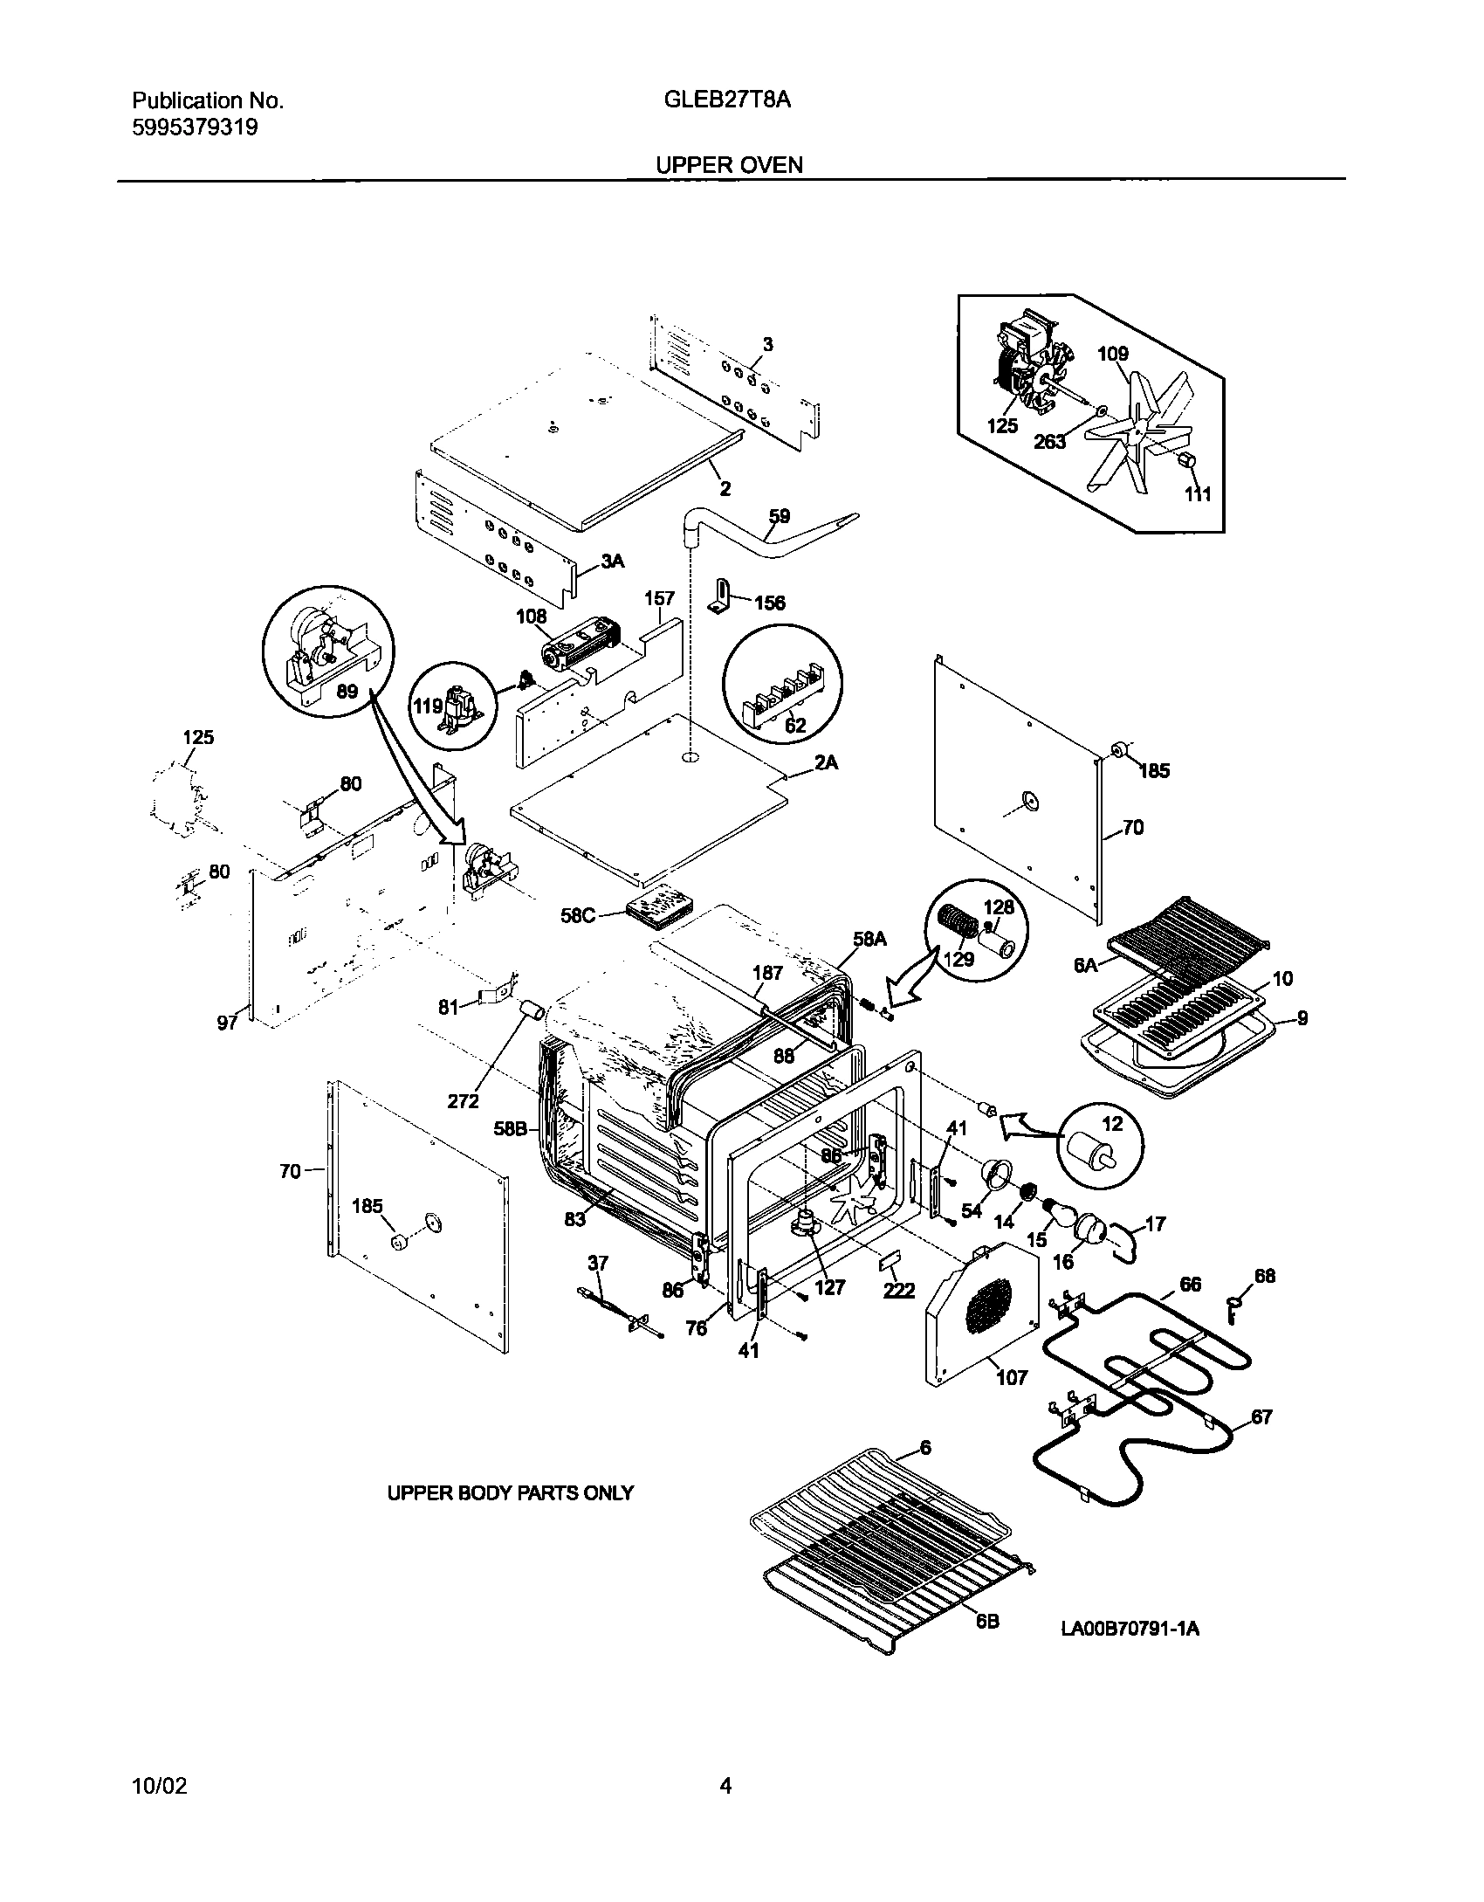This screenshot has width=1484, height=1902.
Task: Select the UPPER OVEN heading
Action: coord(729,164)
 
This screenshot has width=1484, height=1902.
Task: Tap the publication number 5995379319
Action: coord(195,127)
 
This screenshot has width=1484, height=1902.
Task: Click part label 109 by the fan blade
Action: coord(1113,354)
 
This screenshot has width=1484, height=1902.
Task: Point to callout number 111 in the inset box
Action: coord(1198,494)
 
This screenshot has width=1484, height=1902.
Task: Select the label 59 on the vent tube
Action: coord(779,516)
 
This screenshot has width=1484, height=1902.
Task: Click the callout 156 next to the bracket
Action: coord(769,603)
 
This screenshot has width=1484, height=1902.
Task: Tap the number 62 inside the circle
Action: coord(795,726)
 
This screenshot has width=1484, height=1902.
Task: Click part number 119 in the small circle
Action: coord(428,706)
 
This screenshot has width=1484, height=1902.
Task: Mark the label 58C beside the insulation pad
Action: coord(578,916)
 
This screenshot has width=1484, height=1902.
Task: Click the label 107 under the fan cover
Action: coord(1012,1377)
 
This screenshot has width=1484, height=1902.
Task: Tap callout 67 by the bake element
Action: coord(1261,1416)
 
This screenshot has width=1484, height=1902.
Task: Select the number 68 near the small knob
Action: coord(1265,1276)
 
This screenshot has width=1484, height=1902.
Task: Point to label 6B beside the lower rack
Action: coord(987,1621)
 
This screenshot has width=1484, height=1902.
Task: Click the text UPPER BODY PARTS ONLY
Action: coord(510,1493)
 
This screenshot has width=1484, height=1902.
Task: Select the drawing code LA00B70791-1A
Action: coord(1130,1628)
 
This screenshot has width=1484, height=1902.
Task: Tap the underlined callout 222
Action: coord(898,1290)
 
